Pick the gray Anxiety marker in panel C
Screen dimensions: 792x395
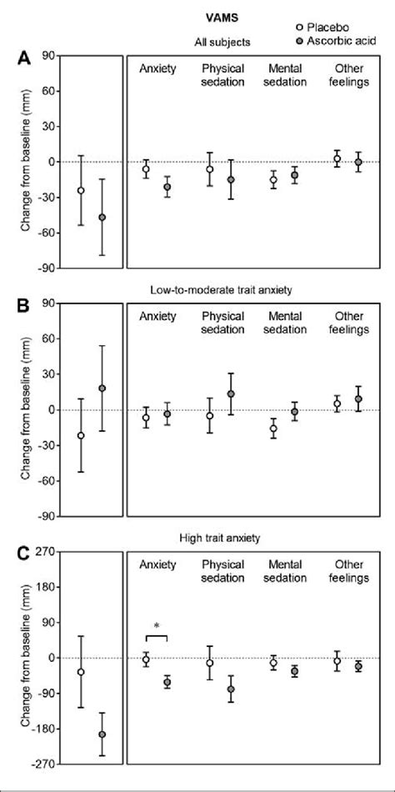[167, 683]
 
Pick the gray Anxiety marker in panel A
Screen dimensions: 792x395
[167, 187]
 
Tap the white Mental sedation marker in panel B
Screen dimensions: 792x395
[273, 429]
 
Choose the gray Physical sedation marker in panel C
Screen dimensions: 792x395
[231, 689]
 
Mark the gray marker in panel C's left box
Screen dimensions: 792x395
[102, 734]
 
